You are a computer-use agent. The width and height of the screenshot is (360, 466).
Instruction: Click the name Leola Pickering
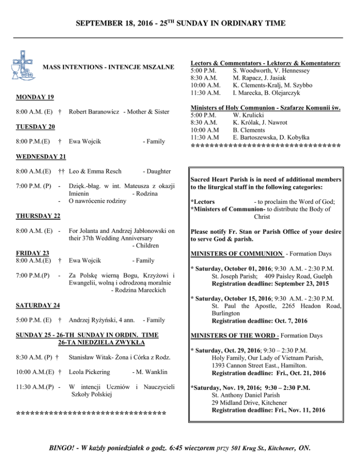click(x=90, y=372)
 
